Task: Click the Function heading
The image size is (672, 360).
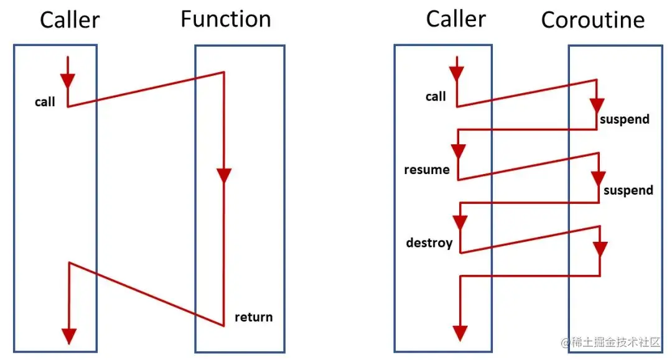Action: [x=226, y=20]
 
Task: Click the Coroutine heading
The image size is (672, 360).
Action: [x=592, y=21]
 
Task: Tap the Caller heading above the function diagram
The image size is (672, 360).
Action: [x=70, y=21]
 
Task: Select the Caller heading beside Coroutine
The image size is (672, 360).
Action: [x=455, y=19]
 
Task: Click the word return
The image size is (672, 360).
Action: [x=253, y=317]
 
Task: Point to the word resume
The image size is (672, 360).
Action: [x=427, y=170]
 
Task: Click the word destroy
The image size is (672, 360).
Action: [x=429, y=242]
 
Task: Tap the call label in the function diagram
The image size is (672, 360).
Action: [x=45, y=102]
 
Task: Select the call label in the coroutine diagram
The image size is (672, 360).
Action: [x=436, y=96]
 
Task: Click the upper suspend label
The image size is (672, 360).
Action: [x=624, y=119]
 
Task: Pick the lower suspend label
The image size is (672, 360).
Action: [x=628, y=190]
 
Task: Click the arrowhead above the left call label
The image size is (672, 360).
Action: [x=67, y=81]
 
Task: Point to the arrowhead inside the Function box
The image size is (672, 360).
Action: [x=224, y=176]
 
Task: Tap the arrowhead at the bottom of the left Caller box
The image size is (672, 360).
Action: [x=69, y=335]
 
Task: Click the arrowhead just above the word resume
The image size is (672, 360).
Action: [x=459, y=152]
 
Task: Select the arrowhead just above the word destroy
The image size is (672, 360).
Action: [x=460, y=223]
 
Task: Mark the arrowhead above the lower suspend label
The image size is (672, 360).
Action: [x=599, y=178]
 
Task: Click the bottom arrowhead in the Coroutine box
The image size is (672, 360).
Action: [x=599, y=249]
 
